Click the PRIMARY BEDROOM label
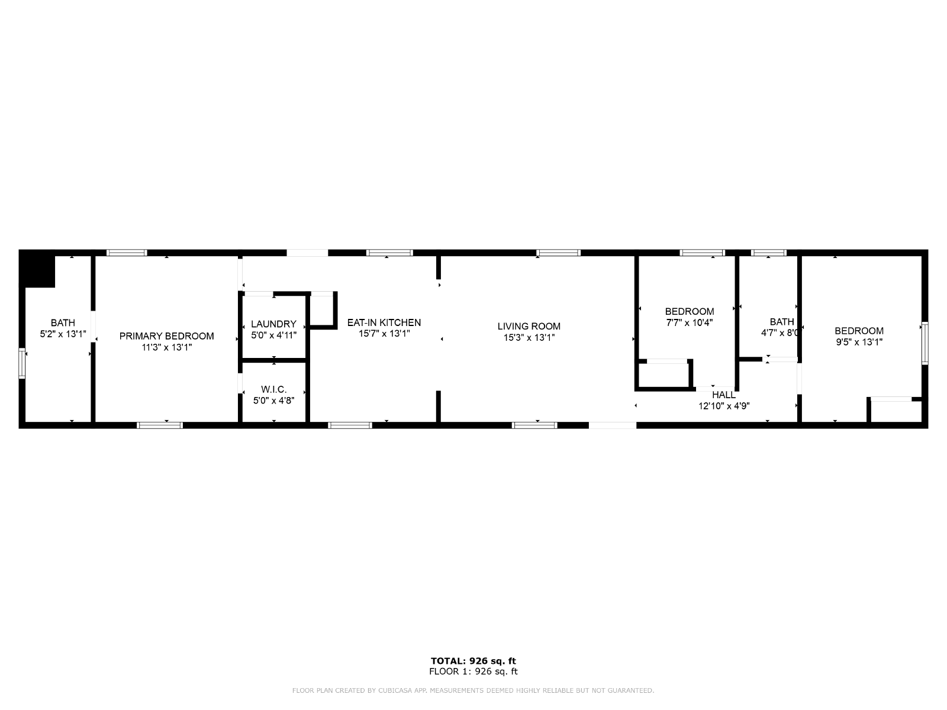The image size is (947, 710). tap(166, 336)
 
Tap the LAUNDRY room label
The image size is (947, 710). tap(273, 324)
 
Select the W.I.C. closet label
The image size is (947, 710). tap(273, 389)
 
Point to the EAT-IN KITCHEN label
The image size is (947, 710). tap(384, 322)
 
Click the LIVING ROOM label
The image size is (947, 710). tap(529, 327)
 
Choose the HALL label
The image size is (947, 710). tap(724, 395)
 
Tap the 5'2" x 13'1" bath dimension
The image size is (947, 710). tap(63, 334)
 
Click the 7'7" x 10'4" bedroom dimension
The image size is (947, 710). tap(690, 322)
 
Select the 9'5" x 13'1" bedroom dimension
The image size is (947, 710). tap(859, 342)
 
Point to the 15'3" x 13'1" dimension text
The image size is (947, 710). tap(529, 337)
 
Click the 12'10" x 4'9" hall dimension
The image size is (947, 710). tap(724, 406)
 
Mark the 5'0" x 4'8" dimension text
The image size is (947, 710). tap(273, 401)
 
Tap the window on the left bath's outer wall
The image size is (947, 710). tap(22, 363)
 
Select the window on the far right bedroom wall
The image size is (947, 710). tap(925, 343)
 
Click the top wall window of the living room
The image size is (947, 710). tap(558, 253)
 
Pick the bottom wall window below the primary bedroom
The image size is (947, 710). tap(160, 425)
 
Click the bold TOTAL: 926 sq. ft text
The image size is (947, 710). tap(474, 661)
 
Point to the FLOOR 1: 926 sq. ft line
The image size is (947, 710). tap(474, 671)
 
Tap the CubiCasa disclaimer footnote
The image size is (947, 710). tap(474, 690)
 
